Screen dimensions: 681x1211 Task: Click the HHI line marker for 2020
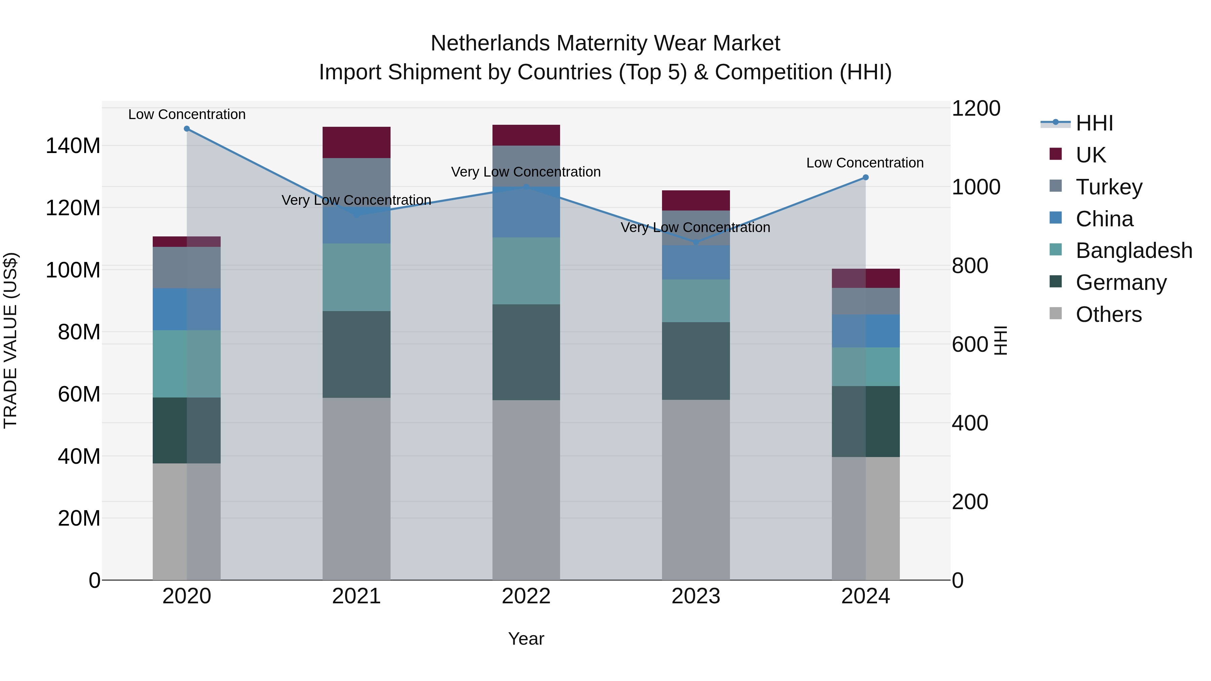[x=187, y=129]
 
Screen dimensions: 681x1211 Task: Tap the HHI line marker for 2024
[x=866, y=178]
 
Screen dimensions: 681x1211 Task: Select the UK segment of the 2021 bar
[x=356, y=142]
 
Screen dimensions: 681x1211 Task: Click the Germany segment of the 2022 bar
[x=526, y=352]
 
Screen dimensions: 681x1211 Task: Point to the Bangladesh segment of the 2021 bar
[x=356, y=277]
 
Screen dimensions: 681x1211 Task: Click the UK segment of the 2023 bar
[x=696, y=201]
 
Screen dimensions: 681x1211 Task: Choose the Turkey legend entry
[x=1108, y=187]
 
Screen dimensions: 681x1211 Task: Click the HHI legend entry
[x=1094, y=123]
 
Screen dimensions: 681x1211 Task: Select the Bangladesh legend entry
[x=1133, y=251]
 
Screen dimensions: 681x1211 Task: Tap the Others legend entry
[x=1108, y=314]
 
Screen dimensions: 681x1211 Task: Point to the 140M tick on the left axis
[x=73, y=146]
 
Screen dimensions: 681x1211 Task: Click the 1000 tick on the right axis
[x=976, y=187]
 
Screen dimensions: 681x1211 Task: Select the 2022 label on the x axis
[x=526, y=596]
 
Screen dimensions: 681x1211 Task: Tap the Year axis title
[x=526, y=639]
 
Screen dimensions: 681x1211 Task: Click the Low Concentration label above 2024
[x=865, y=163]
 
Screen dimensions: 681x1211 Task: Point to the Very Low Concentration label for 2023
[x=695, y=227]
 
